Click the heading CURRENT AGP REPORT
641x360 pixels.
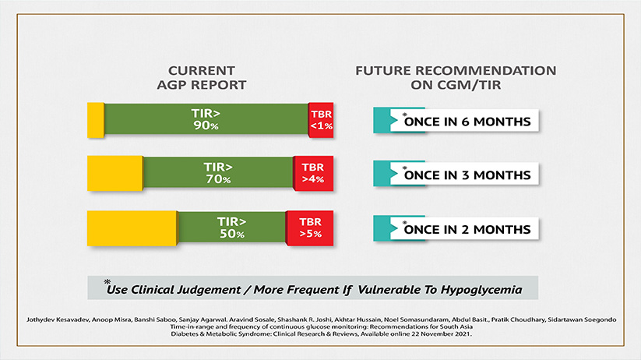[202, 78]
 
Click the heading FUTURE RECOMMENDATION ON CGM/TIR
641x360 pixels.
[456, 78]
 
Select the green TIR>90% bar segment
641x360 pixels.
[206, 119]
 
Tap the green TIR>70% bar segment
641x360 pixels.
[218, 173]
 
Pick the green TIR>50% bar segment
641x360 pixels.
[232, 227]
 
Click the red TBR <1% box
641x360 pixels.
[321, 120]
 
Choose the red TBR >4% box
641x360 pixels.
[314, 174]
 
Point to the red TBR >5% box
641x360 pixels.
[310, 228]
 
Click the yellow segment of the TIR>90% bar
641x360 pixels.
[96, 120]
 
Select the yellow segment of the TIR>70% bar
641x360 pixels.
[114, 174]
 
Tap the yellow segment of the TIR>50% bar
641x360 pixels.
[132, 228]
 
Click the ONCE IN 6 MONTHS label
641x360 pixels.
[467, 122]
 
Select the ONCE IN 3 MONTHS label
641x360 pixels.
[467, 175]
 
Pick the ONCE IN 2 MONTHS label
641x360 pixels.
[467, 230]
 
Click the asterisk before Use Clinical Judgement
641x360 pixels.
[107, 282]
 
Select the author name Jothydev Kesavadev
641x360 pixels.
[58, 319]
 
